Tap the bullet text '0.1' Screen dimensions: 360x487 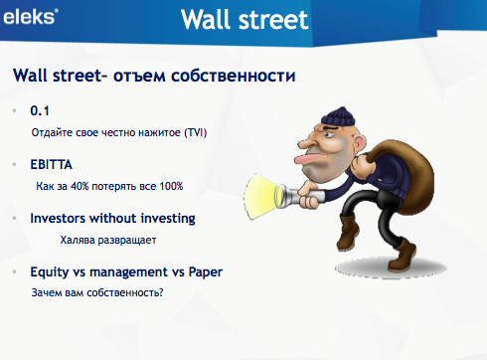(x=40, y=110)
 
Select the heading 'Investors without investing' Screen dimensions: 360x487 (x=112, y=218)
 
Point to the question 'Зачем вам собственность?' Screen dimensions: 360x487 (x=97, y=292)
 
